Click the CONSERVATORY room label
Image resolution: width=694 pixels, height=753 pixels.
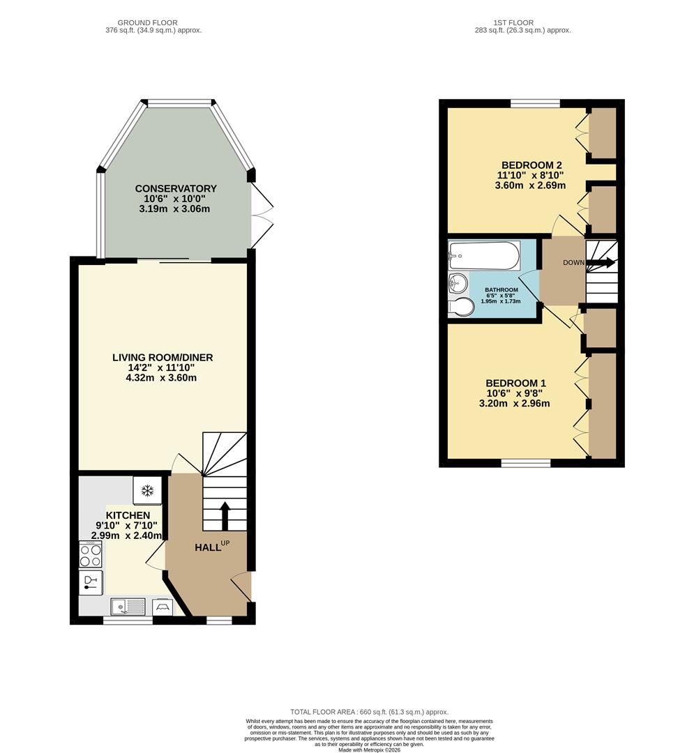click(x=176, y=188)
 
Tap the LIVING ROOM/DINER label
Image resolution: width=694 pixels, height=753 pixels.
click(x=163, y=357)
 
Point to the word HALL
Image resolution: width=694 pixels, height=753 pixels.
click(x=207, y=547)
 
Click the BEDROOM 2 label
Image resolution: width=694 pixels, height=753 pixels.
click(x=531, y=165)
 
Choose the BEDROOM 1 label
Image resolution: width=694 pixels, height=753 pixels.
click(x=516, y=383)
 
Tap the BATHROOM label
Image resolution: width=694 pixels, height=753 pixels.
click(x=501, y=290)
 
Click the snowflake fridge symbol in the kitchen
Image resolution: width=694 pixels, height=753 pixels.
click(x=147, y=491)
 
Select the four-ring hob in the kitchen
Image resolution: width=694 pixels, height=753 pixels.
click(x=91, y=555)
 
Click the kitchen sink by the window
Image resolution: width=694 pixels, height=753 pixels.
click(x=128, y=607)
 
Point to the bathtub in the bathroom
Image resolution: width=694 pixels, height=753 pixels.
click(x=484, y=256)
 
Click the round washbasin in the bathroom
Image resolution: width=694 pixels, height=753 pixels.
click(x=458, y=283)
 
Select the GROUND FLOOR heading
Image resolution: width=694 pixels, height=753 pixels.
click(x=147, y=22)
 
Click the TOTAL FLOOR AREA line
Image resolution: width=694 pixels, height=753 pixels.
click(x=370, y=712)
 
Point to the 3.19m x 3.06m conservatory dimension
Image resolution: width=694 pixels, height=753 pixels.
click(x=174, y=209)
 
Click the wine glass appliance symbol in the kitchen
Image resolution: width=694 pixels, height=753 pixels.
click(x=91, y=583)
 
